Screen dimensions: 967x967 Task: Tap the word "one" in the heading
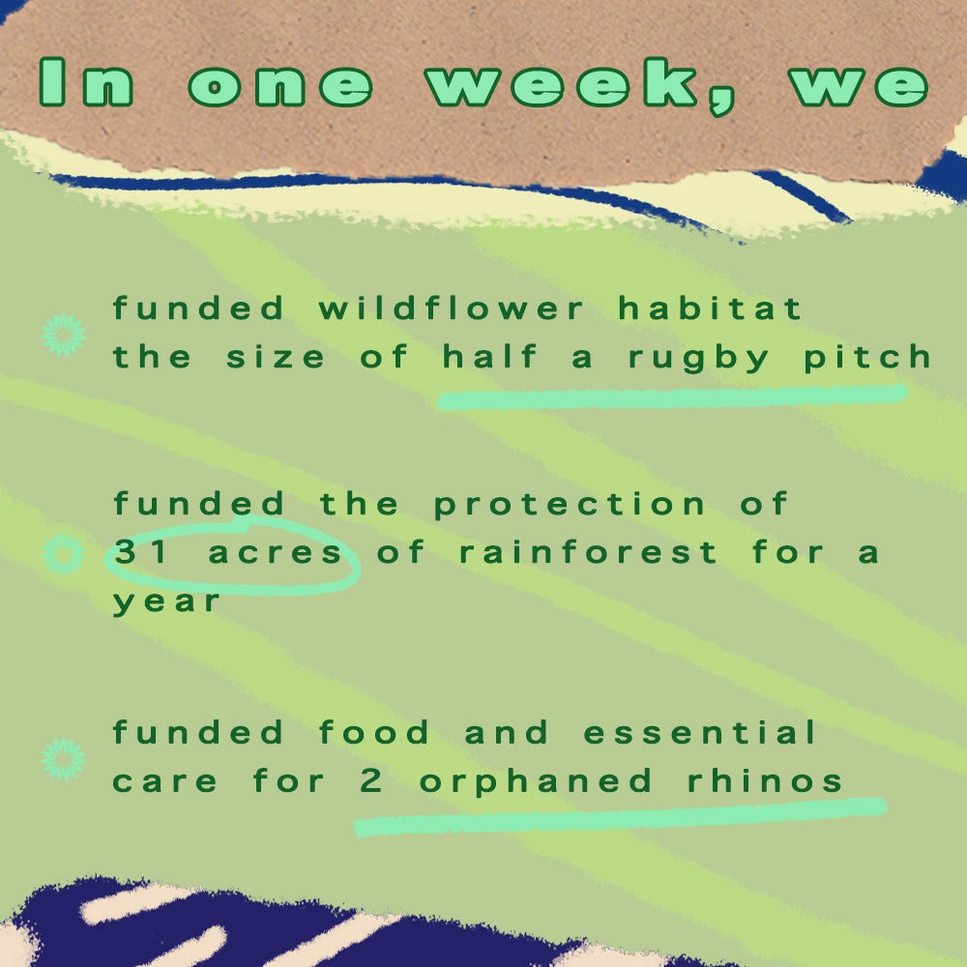pyautogui.click(x=280, y=84)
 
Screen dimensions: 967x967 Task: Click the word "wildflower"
pyautogui.click(x=451, y=308)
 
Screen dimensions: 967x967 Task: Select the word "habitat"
pyautogui.click(x=710, y=308)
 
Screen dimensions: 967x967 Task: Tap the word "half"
pyautogui.click(x=489, y=356)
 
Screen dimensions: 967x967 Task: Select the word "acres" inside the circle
pyautogui.click(x=275, y=552)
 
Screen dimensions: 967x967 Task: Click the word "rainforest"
pyautogui.click(x=588, y=551)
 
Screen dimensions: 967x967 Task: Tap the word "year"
pyautogui.click(x=166, y=601)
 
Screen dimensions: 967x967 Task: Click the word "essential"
pyautogui.click(x=699, y=732)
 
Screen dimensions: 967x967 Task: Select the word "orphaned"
pyautogui.click(x=536, y=782)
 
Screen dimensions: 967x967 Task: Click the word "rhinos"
pyautogui.click(x=765, y=780)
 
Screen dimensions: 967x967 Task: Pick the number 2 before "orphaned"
pyautogui.click(x=370, y=780)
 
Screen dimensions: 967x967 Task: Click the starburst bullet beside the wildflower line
pyautogui.click(x=64, y=335)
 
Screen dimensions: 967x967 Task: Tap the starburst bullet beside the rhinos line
pyautogui.click(x=64, y=758)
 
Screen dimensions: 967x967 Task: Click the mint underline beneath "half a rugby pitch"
pyautogui.click(x=672, y=397)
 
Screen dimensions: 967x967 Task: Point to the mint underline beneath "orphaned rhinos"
pyautogui.click(x=621, y=816)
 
